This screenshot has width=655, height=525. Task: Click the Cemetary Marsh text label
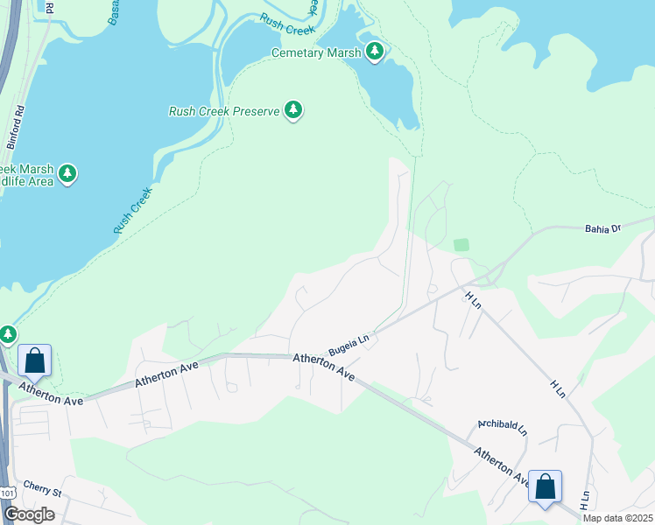[x=315, y=52]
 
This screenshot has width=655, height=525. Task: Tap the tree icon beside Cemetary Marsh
[x=376, y=52]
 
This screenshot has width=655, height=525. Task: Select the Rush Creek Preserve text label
[x=223, y=111]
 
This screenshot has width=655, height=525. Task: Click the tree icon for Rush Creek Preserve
[x=294, y=111]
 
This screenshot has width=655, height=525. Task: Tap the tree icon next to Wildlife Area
[x=67, y=175]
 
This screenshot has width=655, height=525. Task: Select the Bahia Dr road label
[x=602, y=228]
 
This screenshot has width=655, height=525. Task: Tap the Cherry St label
[x=43, y=491]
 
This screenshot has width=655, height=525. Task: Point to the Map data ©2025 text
[x=616, y=518]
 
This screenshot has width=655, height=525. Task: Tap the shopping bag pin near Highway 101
[x=34, y=360]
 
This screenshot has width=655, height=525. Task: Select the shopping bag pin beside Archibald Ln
[x=545, y=486]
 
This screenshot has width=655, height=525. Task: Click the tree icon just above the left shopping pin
[x=8, y=334]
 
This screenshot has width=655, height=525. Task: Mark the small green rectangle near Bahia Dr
[x=461, y=245]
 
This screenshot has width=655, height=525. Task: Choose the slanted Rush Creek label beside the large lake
[x=133, y=210]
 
